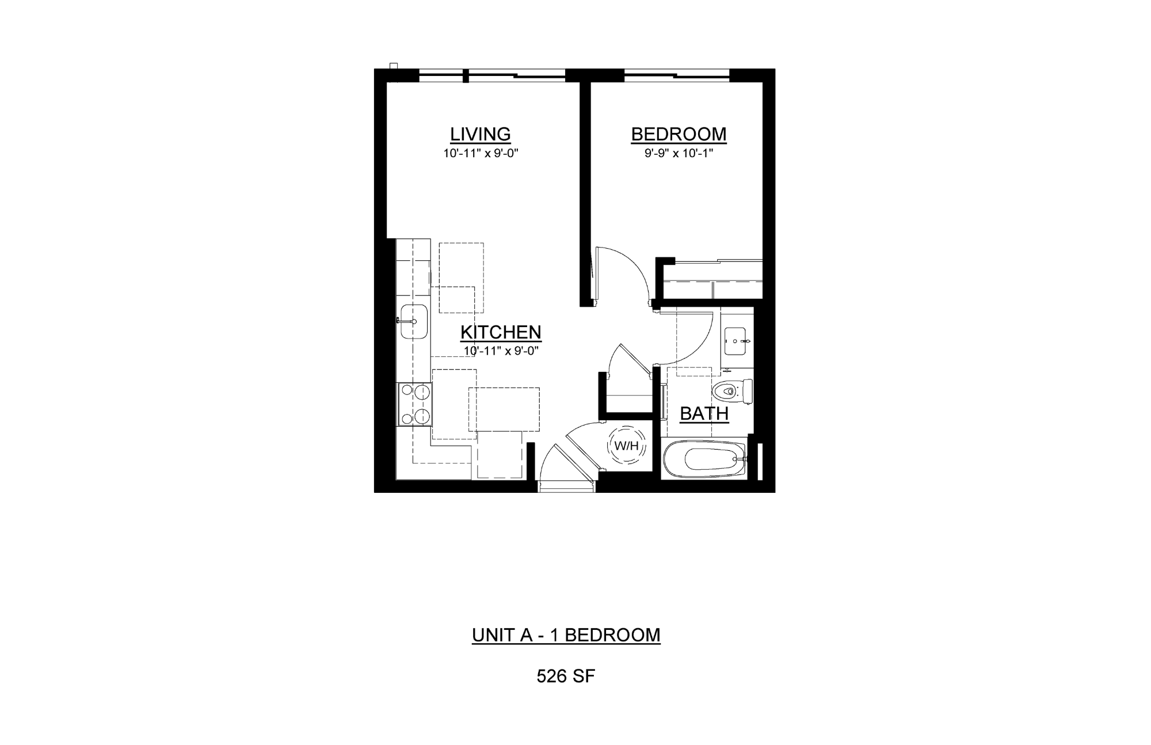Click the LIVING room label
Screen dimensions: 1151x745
pos(480,134)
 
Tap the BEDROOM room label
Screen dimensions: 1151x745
pos(679,134)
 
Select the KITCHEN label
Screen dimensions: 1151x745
pos(501,332)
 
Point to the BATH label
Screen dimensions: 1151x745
pos(704,413)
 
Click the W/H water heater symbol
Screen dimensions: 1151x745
pos(626,445)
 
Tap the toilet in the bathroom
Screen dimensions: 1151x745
pos(732,391)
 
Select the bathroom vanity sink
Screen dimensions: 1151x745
pos(736,341)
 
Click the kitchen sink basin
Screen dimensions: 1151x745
pos(413,321)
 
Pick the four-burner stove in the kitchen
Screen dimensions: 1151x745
pos(414,405)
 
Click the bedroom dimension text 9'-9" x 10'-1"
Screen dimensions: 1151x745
pos(679,154)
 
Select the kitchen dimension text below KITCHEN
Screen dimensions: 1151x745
pos(501,351)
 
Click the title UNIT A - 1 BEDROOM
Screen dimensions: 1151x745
pos(566,635)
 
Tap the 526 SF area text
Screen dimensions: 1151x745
pos(566,676)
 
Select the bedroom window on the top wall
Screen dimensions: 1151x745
pos(677,74)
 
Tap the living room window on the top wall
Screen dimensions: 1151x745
pos(492,74)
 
